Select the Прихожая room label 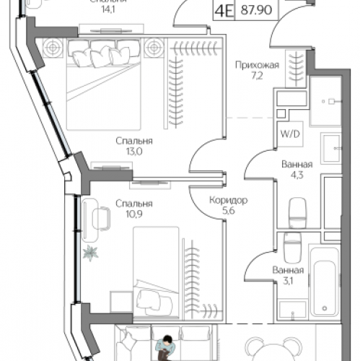[x=256, y=65]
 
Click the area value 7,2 [x=256, y=75]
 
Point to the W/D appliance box [x=287, y=134]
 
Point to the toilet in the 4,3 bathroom [x=297, y=211]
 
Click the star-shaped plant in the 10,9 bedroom [x=92, y=253]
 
